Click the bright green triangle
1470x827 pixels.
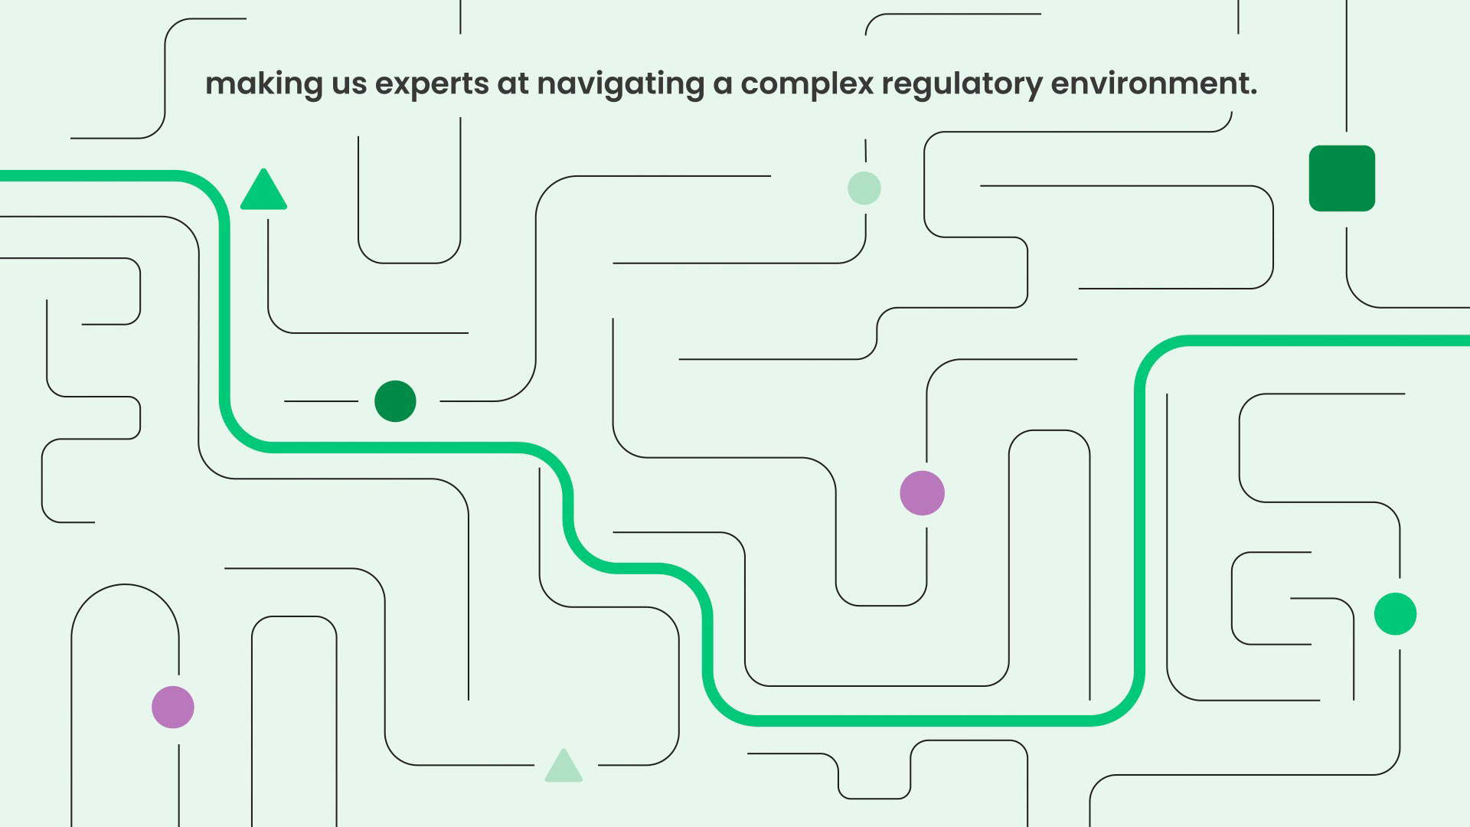click(x=263, y=190)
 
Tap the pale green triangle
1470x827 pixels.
click(x=563, y=766)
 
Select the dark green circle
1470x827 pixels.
click(x=395, y=401)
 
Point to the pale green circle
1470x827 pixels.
click(x=864, y=188)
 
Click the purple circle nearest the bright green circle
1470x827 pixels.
click(x=922, y=493)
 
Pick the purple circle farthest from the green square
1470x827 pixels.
click(x=173, y=707)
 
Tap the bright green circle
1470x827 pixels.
click(x=1395, y=613)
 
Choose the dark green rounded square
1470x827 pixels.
click(x=1342, y=178)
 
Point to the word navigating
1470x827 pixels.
click(x=621, y=85)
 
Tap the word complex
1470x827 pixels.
click(x=807, y=85)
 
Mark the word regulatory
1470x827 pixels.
click(x=962, y=85)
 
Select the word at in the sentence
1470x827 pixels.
click(x=514, y=84)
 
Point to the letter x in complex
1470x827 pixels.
click(x=864, y=86)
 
